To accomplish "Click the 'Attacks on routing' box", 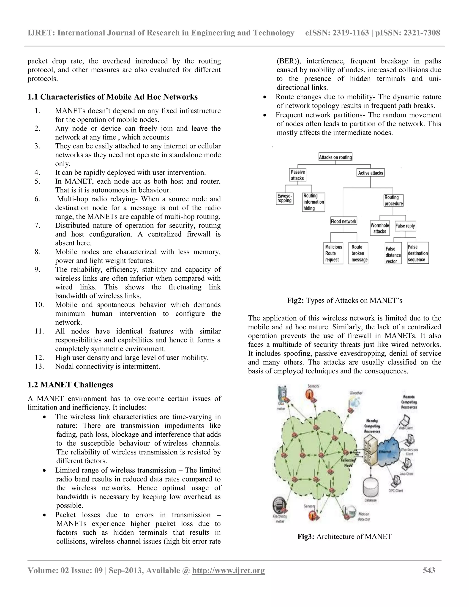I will (335, 157).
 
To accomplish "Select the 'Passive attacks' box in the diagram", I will (297, 175).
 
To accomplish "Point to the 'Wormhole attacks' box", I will (380, 228).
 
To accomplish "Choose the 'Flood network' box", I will (344, 221).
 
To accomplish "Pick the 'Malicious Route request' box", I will (333, 253).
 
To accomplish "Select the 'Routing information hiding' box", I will (314, 202).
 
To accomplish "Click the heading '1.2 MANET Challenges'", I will (70, 385).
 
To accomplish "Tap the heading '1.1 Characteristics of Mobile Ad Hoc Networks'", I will (112, 97).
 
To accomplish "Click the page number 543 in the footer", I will (429, 570).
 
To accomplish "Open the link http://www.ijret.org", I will (228, 570).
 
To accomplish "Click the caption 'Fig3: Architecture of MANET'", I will (344, 536).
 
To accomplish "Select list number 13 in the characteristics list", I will (39, 366).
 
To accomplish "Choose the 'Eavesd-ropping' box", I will (284, 198).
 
